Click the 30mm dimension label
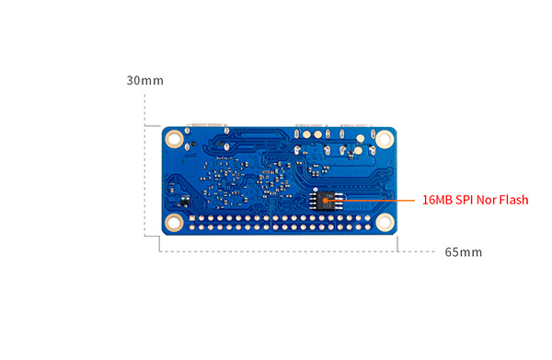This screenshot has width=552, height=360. [145, 81]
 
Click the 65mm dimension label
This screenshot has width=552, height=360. [464, 252]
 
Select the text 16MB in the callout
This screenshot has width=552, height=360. [437, 200]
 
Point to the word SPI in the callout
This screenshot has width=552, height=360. [464, 200]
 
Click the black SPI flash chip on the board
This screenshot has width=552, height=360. [327, 201]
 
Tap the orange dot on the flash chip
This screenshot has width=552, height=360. [326, 201]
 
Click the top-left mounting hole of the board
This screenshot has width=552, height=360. [174, 138]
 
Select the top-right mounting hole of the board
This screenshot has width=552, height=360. [385, 139]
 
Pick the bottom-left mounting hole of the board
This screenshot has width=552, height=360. [174, 223]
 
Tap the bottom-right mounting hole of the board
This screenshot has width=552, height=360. [385, 223]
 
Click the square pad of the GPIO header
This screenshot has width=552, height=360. [192, 218]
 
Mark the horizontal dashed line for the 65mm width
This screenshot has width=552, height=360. [297, 251]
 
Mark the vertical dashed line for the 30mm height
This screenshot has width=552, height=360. [144, 165]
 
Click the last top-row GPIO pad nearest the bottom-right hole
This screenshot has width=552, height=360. [367, 218]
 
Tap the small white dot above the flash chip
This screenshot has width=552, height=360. [316, 190]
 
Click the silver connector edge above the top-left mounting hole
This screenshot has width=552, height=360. [207, 124]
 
